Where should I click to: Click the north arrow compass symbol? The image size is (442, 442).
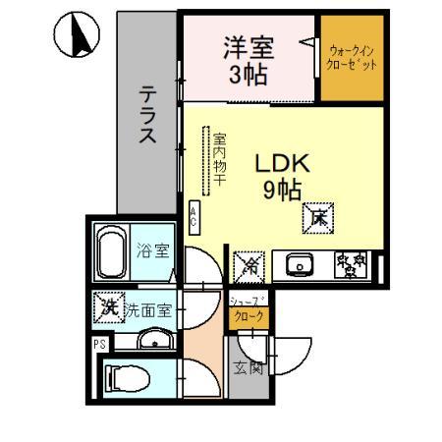point(75,39)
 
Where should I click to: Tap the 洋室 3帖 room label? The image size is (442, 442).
point(247,60)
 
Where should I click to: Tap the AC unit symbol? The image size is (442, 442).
point(193,216)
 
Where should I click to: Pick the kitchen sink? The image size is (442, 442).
point(299,264)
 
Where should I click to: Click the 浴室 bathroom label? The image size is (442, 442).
point(152,250)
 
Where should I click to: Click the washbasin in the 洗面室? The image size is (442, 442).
point(154,341)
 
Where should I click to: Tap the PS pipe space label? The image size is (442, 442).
point(98,344)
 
